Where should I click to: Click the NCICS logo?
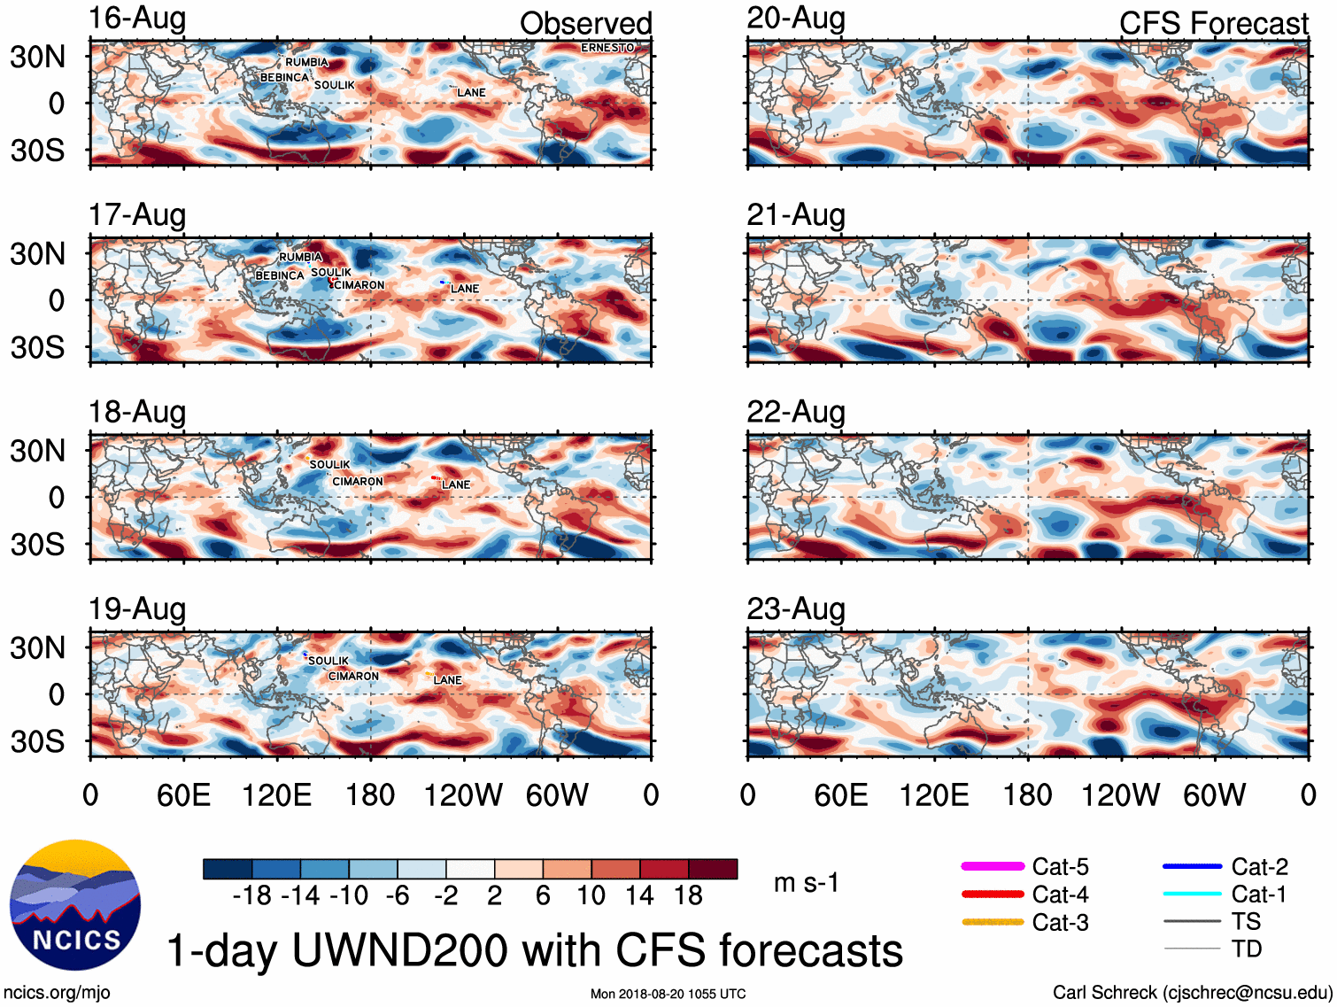[75, 904]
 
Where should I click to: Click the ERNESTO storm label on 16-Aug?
[607, 48]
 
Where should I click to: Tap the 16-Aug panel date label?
[137, 19]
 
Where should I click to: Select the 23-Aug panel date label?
[796, 609]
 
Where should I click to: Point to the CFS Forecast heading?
[1213, 24]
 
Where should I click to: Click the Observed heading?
[585, 24]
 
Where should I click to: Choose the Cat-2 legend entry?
[1225, 867]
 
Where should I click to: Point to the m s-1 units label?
[806, 883]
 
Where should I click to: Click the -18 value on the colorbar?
[252, 896]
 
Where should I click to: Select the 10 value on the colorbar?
[591, 896]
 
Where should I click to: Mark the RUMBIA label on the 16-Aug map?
[306, 63]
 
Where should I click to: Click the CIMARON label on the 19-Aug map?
[353, 677]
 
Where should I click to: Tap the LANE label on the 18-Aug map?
[456, 485]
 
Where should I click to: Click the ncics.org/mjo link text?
[57, 993]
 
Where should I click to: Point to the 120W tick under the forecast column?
[1120, 795]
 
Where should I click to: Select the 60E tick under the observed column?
[183, 795]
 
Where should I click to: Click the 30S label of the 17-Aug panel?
[38, 347]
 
